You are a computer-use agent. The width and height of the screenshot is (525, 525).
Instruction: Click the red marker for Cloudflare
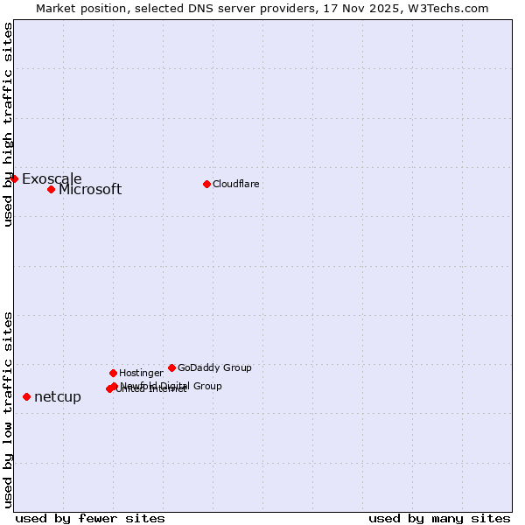(206, 184)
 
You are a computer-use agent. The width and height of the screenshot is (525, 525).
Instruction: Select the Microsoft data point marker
(51, 189)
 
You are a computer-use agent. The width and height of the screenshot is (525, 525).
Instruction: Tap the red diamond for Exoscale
(15, 178)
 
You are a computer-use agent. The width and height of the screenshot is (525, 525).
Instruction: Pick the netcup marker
(26, 396)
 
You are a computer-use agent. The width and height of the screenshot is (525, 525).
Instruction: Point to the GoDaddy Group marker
(171, 367)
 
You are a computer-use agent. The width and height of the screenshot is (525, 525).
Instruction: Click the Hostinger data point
(113, 373)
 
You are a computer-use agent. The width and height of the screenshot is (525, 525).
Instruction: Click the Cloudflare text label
(235, 184)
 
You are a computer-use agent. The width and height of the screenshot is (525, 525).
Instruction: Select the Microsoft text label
(90, 190)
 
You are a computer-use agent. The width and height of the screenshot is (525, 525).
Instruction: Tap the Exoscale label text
(52, 179)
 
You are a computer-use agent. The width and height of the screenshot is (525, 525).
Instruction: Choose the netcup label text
(58, 397)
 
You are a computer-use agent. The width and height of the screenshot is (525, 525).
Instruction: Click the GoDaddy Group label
(214, 367)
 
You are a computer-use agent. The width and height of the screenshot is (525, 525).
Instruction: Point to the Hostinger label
(141, 373)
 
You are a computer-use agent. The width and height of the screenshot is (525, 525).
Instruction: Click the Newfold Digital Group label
(171, 385)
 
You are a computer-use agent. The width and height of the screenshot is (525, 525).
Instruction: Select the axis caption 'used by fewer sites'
(90, 518)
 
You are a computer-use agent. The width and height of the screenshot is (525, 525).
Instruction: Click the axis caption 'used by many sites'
(439, 518)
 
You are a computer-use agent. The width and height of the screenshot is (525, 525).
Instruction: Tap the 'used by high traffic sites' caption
(9, 124)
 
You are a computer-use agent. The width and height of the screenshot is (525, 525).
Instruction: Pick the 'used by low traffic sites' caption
(9, 409)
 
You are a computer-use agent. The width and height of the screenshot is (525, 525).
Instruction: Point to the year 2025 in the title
(391, 9)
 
